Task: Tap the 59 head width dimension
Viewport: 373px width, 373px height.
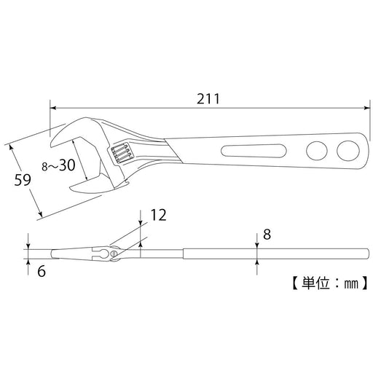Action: click(23, 179)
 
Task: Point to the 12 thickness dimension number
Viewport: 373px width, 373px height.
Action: click(158, 214)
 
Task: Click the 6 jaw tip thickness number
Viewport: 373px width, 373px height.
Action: click(42, 270)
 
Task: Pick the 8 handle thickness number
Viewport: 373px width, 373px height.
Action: click(267, 235)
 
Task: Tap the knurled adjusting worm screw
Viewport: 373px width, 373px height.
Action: click(121, 153)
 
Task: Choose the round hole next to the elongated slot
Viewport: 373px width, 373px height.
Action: click(316, 152)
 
